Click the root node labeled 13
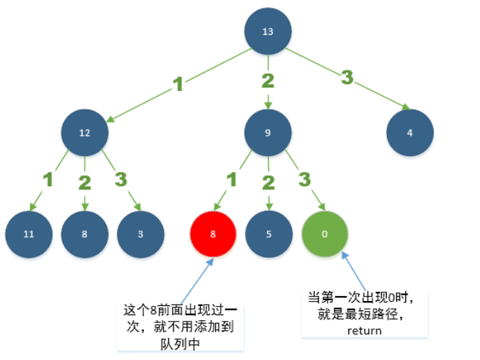coord(268,32)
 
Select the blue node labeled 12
coord(85,133)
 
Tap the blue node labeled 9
coord(268,133)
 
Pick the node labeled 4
coord(410,133)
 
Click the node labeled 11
coord(29,234)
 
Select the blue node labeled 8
coord(85,234)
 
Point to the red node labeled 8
coord(212,234)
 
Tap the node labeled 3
coord(140,234)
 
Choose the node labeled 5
coord(268,234)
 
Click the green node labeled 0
coord(325,234)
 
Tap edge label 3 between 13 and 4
coord(347,78)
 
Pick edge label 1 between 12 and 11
coord(48,179)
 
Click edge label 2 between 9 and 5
coord(268,182)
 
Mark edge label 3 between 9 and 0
coord(305,179)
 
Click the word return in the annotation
coord(365,330)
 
